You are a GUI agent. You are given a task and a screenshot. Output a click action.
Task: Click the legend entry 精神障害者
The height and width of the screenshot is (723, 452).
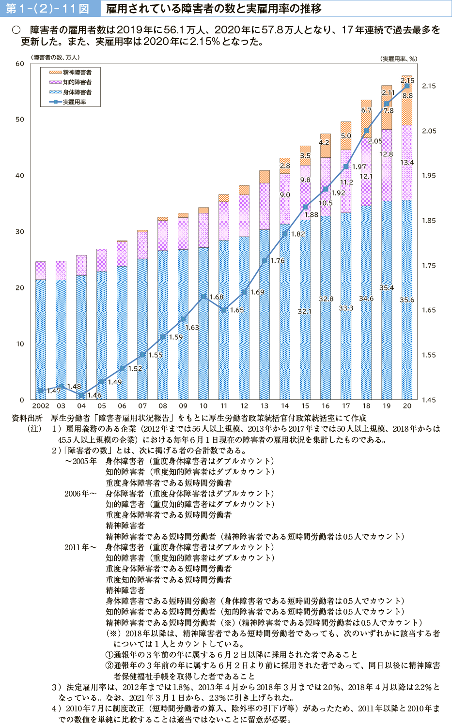click(x=77, y=72)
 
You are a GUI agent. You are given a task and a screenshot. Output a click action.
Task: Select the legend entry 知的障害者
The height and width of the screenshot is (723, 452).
click(x=77, y=82)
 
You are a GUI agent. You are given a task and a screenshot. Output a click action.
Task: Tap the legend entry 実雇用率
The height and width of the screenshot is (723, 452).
click(x=74, y=102)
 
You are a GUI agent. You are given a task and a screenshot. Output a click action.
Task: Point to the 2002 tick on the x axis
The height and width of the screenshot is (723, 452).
click(x=41, y=406)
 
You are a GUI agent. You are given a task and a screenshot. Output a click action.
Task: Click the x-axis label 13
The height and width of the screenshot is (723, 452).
click(x=264, y=406)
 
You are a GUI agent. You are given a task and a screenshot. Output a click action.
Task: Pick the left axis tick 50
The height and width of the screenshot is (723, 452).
click(x=20, y=120)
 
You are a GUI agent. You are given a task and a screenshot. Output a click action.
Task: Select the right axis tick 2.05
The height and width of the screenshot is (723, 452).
click(x=429, y=131)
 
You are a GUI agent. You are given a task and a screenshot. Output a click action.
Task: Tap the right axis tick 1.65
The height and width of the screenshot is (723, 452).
click(x=429, y=310)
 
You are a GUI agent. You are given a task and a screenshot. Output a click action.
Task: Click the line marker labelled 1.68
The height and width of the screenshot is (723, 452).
click(x=203, y=296)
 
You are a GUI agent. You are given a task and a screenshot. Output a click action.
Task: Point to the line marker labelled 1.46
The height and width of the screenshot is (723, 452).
click(x=81, y=395)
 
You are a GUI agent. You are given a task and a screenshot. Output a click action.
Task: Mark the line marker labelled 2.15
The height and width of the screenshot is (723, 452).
click(x=407, y=86)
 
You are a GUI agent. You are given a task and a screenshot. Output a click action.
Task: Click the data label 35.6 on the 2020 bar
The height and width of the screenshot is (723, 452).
click(x=407, y=300)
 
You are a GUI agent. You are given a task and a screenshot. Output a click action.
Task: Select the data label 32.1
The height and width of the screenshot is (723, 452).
click(x=305, y=311)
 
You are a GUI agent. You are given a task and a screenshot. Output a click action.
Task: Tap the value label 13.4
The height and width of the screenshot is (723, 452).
click(x=407, y=163)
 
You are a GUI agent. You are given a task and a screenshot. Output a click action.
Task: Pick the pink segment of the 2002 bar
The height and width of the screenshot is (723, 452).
click(x=41, y=271)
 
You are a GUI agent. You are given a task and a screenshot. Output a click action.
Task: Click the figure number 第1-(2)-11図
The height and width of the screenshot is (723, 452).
click(x=47, y=9)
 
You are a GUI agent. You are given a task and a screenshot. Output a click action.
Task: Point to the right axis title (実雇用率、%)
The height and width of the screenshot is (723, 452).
click(x=398, y=59)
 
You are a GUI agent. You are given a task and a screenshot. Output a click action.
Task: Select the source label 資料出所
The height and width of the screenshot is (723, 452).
click(x=27, y=418)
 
